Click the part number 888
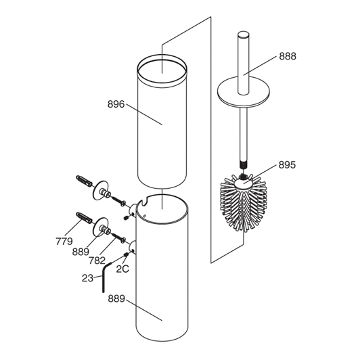click(x=288, y=56)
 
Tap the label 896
click(x=116, y=104)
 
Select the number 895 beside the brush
click(x=287, y=165)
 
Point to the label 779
click(x=64, y=242)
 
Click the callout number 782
click(x=97, y=261)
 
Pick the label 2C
click(x=122, y=269)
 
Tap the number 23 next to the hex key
click(x=88, y=278)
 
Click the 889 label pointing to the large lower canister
click(x=116, y=298)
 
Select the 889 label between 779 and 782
click(x=81, y=252)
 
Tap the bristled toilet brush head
click(x=244, y=202)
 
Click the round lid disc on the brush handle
click(x=244, y=92)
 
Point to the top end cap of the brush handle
click(x=244, y=36)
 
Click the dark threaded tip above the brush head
click(x=244, y=164)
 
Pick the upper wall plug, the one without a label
click(x=84, y=180)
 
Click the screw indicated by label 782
click(x=118, y=237)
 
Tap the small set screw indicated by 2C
click(x=126, y=254)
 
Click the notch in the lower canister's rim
click(x=144, y=203)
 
